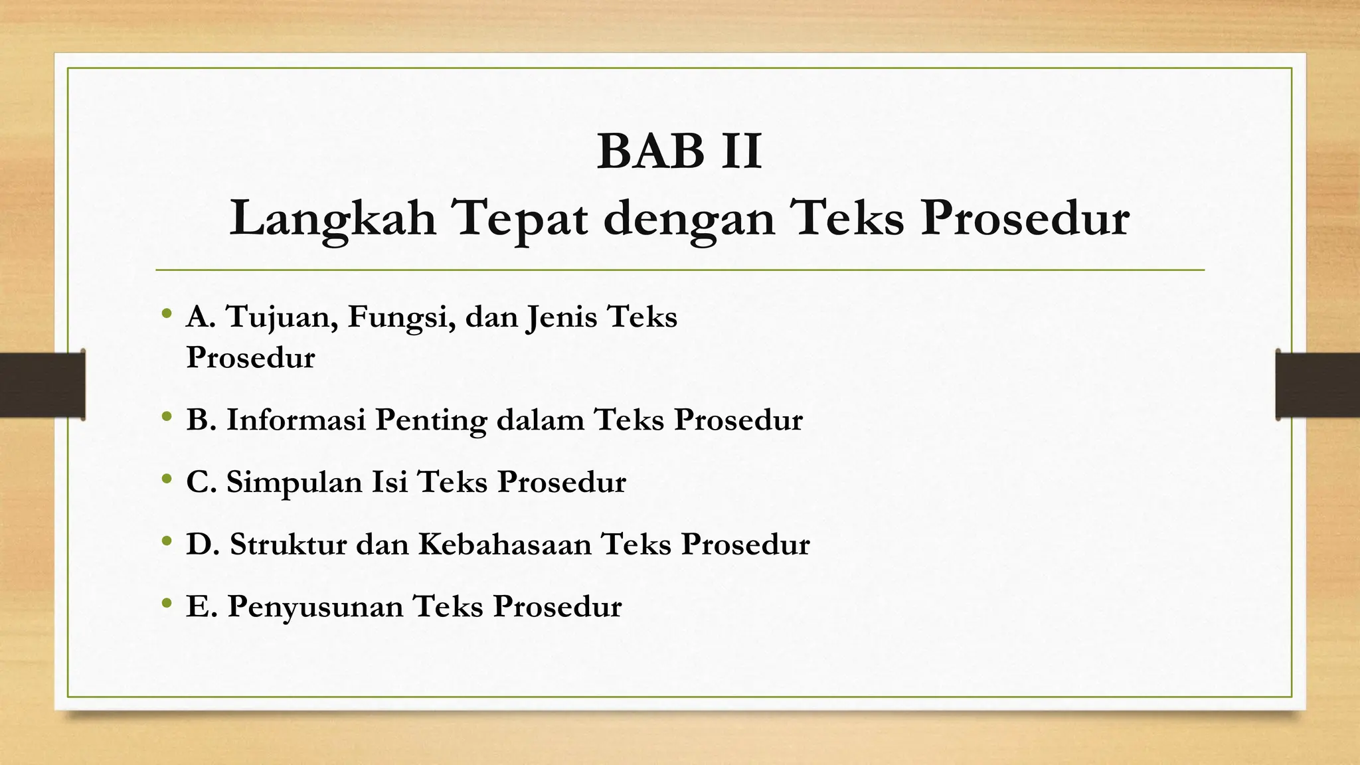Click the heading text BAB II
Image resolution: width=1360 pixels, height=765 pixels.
679,152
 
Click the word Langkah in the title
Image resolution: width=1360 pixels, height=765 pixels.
332,218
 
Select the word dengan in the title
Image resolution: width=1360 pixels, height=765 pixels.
689,220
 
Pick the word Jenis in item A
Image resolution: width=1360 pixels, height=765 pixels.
561,317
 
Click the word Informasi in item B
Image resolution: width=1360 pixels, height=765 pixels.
296,420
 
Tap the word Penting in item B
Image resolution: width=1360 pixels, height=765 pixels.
430,420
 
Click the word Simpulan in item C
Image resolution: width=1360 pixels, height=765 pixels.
292,482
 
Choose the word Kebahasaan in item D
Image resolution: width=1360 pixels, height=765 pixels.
505,544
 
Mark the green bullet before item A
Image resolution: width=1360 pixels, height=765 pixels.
166,313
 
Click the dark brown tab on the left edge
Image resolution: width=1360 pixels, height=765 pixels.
42,385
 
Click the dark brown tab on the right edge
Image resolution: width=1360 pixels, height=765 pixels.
1317,385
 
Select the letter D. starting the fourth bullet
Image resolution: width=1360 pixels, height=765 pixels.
203,544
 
